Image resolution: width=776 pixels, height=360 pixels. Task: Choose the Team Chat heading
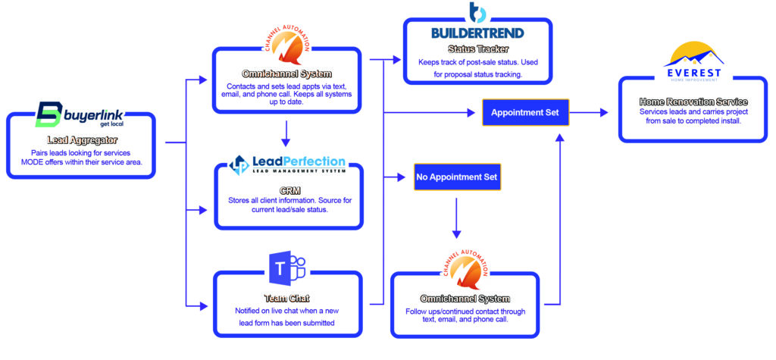[x=286, y=297]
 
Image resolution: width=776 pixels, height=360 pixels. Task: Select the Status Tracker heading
[x=477, y=49]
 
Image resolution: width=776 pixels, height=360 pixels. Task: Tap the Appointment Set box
[x=525, y=112]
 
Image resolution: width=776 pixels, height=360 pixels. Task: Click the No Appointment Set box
[x=457, y=177]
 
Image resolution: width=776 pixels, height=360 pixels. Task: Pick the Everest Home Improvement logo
[x=692, y=64]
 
